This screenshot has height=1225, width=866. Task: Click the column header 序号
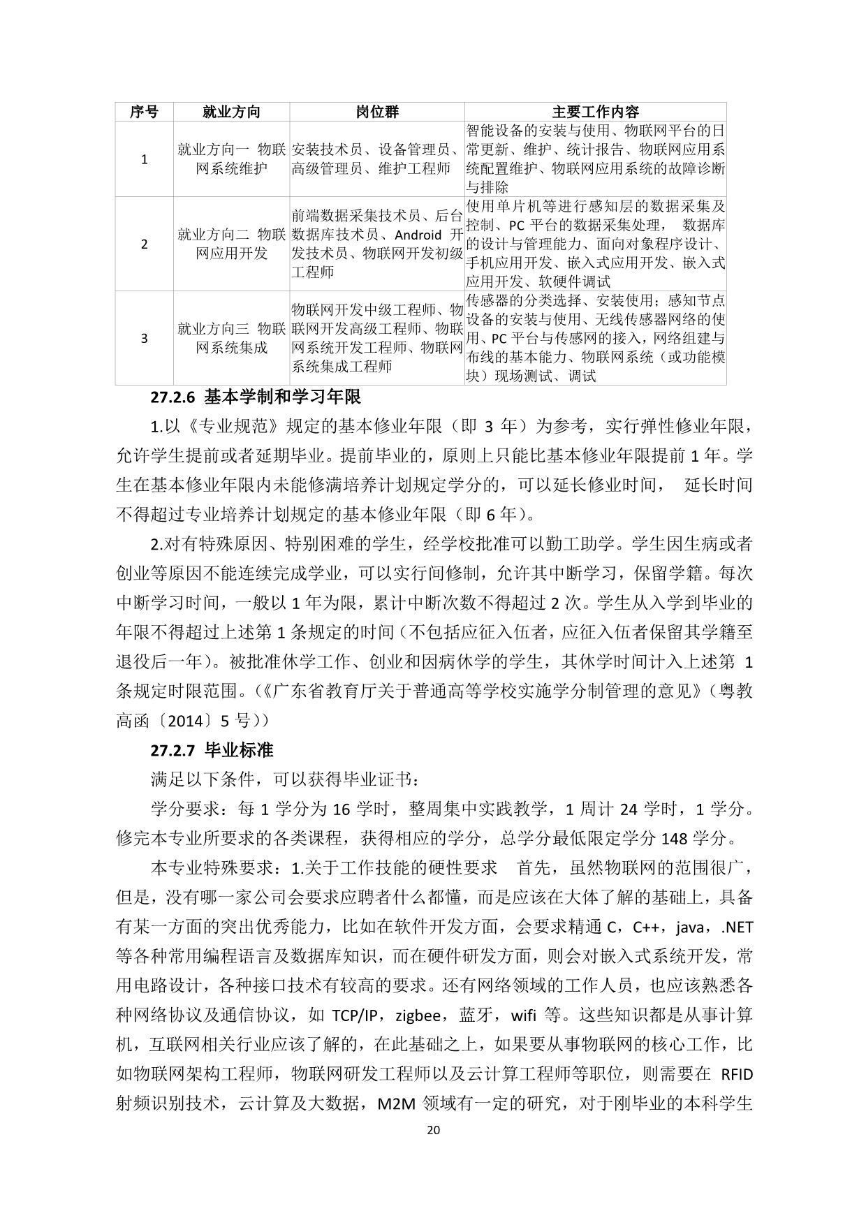click(x=144, y=112)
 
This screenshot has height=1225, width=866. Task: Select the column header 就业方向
click(x=231, y=112)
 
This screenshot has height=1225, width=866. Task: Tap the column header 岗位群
click(x=377, y=112)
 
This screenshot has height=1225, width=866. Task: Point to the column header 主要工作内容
click(x=595, y=112)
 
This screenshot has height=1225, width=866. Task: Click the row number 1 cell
click(x=144, y=159)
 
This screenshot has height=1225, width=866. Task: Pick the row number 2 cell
click(x=144, y=244)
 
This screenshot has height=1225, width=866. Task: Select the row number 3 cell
click(x=144, y=338)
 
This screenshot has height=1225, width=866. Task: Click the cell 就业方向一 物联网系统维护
click(x=231, y=159)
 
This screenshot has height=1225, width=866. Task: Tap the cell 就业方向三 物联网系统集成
click(x=231, y=338)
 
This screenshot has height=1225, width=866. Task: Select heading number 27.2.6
click(x=174, y=397)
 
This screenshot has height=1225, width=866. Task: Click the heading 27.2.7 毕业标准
click(x=212, y=750)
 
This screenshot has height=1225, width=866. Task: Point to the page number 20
click(x=433, y=1131)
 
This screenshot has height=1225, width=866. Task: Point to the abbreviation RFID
click(x=736, y=1074)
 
